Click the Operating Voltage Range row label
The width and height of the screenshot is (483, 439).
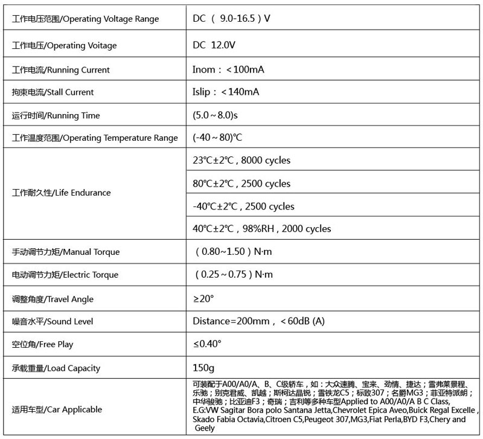[86, 19]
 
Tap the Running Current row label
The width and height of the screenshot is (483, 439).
[61, 70]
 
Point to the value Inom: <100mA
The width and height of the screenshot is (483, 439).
[228, 69]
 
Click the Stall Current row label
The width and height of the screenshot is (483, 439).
[53, 92]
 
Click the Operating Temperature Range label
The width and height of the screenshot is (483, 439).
[95, 138]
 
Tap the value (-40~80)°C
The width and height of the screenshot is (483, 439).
[217, 138]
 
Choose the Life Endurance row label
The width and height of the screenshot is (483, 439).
[62, 193]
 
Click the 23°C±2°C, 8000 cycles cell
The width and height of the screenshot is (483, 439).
[241, 161]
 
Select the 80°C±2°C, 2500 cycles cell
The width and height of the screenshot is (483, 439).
[241, 184]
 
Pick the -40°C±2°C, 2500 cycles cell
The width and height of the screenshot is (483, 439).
[243, 207]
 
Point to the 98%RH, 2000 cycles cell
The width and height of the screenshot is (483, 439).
[262, 229]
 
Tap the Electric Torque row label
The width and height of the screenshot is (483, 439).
[65, 275]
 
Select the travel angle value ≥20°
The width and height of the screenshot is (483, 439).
[203, 299]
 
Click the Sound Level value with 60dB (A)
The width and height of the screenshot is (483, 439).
[258, 321]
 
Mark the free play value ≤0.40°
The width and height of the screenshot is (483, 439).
[207, 344]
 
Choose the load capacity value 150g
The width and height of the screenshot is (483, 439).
[204, 368]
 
